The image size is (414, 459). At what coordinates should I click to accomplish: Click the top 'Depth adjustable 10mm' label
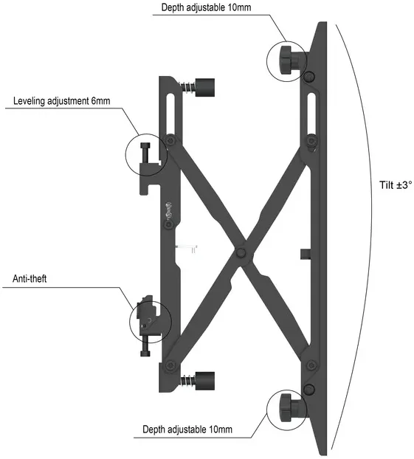pos(206,7)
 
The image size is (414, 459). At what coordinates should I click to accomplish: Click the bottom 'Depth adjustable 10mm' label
pos(187,429)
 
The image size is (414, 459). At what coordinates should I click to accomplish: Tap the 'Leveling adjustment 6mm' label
pos(62,101)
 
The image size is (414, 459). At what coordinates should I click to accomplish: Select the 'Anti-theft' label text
pos(30,279)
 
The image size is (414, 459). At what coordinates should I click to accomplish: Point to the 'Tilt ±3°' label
pos(396,185)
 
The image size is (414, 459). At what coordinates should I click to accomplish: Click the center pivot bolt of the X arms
pos(241,252)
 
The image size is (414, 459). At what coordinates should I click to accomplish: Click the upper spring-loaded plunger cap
pos(204,87)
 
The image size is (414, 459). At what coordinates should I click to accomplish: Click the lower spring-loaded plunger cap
pos(204,381)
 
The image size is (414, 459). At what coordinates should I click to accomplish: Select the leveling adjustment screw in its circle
pos(145,153)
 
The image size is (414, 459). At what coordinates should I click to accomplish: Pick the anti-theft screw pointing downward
pos(145,346)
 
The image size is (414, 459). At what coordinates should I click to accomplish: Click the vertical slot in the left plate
pos(170,114)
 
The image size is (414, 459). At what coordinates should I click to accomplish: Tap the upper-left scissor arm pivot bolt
pos(170,140)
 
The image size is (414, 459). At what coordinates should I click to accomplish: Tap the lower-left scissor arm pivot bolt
pos(170,365)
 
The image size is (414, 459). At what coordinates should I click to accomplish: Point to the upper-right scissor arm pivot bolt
pos(311,141)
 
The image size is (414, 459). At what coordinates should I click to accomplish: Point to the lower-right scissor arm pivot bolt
pos(311,365)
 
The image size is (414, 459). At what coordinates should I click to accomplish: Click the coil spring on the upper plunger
pos(188,87)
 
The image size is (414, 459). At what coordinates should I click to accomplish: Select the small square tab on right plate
pos(306,254)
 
